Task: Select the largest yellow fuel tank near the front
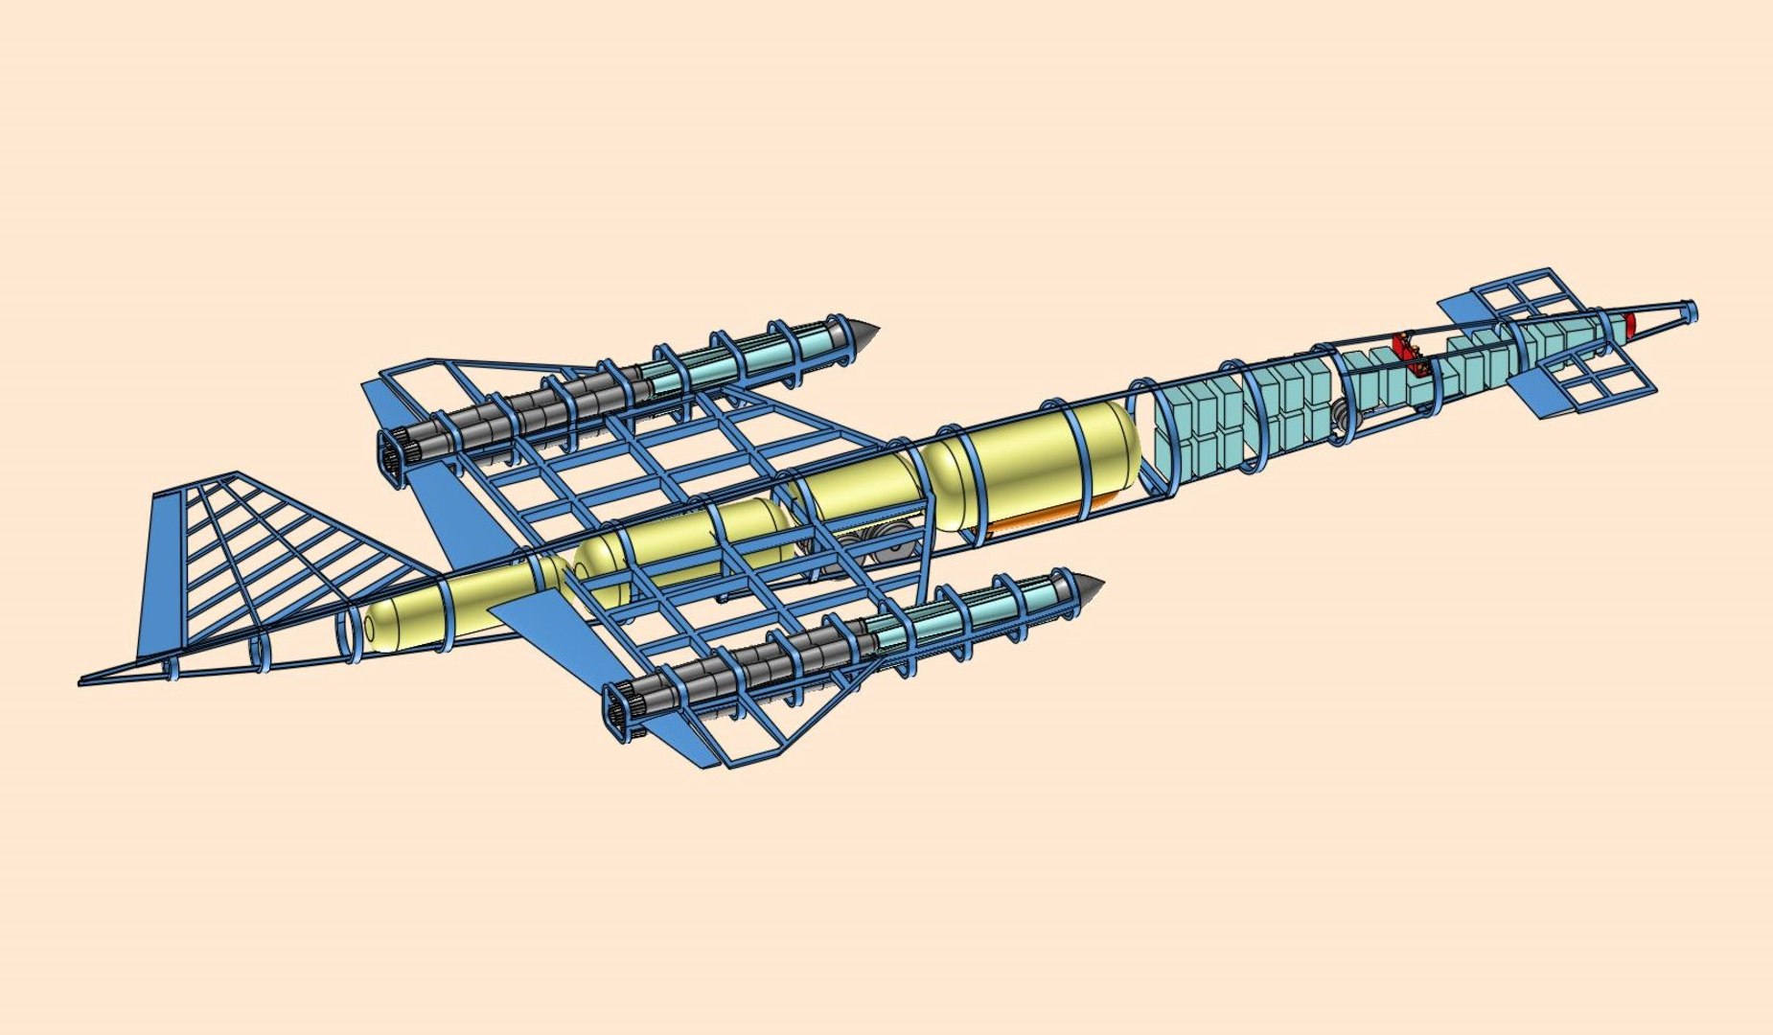click(x=1030, y=465)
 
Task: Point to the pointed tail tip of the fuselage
click(x=86, y=681)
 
